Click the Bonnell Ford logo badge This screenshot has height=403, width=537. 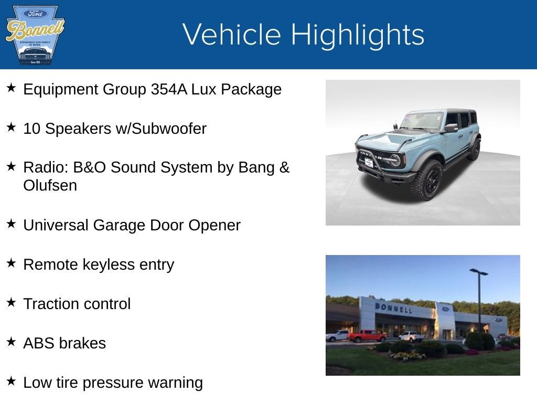[x=35, y=35]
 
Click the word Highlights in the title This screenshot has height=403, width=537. [x=358, y=35]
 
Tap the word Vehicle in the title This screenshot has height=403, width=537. [x=232, y=34]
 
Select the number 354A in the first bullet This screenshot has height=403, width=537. [x=169, y=89]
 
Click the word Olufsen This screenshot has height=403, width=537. [x=50, y=186]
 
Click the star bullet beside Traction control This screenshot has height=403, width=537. [x=12, y=302]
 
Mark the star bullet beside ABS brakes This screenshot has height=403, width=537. [x=12, y=342]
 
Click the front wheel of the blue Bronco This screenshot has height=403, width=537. [x=427, y=180]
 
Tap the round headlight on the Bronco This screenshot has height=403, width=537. [x=395, y=160]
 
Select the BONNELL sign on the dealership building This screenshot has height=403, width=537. [x=393, y=308]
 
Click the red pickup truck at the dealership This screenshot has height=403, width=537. [x=367, y=336]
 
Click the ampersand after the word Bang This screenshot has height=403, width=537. [x=284, y=167]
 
